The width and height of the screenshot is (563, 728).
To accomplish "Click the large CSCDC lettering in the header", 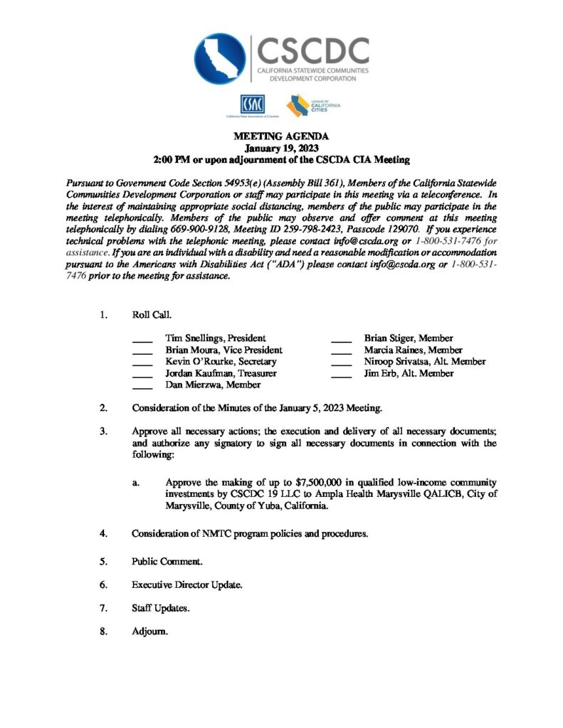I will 312,50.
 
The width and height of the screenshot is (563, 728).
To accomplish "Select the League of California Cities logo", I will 313,105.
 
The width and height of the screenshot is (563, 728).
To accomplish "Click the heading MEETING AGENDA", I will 281,136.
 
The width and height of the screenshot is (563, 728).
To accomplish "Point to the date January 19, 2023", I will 281,148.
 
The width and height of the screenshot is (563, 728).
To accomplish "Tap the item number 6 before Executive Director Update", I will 103,585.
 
